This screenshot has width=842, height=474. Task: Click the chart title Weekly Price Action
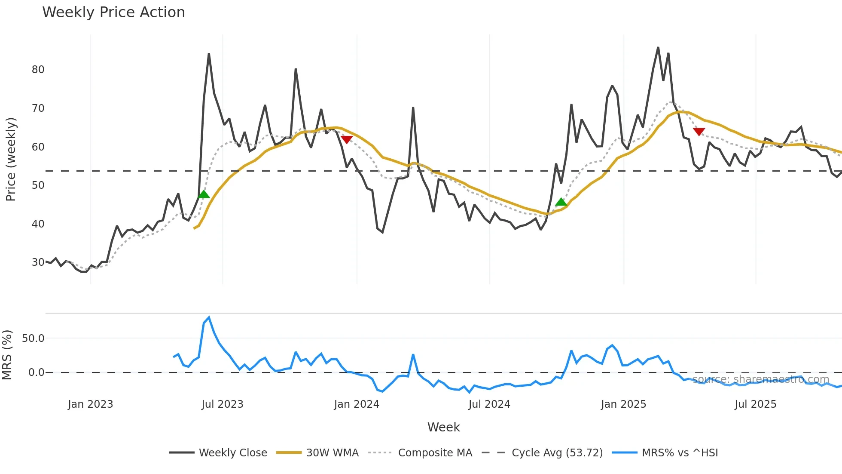tap(113, 12)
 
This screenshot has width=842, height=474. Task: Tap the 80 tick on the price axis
tap(38, 70)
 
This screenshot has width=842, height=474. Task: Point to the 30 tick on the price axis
tap(38, 262)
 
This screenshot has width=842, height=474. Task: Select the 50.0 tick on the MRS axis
tap(33, 339)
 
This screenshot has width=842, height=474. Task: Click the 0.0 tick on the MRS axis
tap(36, 372)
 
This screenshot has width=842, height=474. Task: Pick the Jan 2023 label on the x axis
tap(90, 404)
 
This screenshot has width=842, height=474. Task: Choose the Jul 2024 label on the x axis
tap(489, 404)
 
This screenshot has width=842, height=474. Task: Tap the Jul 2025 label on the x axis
tap(755, 404)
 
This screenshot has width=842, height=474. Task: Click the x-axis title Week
tap(443, 427)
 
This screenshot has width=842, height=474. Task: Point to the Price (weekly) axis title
tap(11, 159)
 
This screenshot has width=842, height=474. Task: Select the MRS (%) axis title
tap(7, 355)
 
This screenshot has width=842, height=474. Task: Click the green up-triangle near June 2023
tap(204, 194)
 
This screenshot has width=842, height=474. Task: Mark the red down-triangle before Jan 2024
tap(347, 139)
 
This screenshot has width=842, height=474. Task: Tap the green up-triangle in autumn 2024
tap(561, 202)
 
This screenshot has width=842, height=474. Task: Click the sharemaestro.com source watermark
tap(760, 379)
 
